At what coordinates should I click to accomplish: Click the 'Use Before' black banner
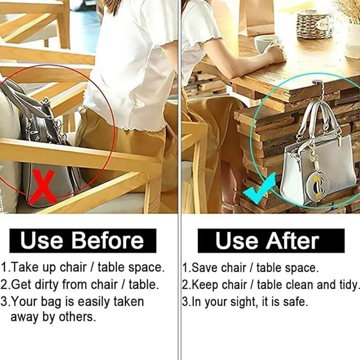point(83,240)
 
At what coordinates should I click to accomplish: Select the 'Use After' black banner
point(271,241)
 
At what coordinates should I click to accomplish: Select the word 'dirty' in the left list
point(47,285)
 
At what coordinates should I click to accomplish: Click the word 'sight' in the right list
point(242,301)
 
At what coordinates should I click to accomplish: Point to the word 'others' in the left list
point(77,317)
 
